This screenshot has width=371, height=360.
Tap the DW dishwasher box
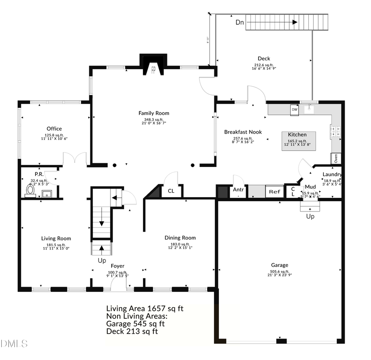pos(294,110)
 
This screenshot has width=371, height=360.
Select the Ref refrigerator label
pos(274,192)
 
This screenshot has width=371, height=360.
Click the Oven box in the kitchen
pos(336,158)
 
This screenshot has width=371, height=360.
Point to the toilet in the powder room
pos(30,190)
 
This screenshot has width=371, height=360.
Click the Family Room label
pos(153,113)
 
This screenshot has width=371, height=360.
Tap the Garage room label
pos(279,265)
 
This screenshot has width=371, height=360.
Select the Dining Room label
pos(180,238)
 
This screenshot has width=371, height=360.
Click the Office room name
pos(54,129)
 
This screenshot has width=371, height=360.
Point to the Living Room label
pos(56,238)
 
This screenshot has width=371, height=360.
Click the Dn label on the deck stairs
pos(240,22)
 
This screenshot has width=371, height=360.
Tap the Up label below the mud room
pos(310,216)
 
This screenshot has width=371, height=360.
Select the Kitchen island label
pos(297,134)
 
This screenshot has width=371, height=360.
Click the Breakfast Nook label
pos(243,132)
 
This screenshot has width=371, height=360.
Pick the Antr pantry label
pos(238,190)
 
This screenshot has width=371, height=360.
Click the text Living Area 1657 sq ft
pos(145,308)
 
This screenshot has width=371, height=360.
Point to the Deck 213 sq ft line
pos(132,331)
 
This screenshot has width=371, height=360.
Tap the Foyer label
pos(117,266)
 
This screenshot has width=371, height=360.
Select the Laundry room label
pos(332,174)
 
